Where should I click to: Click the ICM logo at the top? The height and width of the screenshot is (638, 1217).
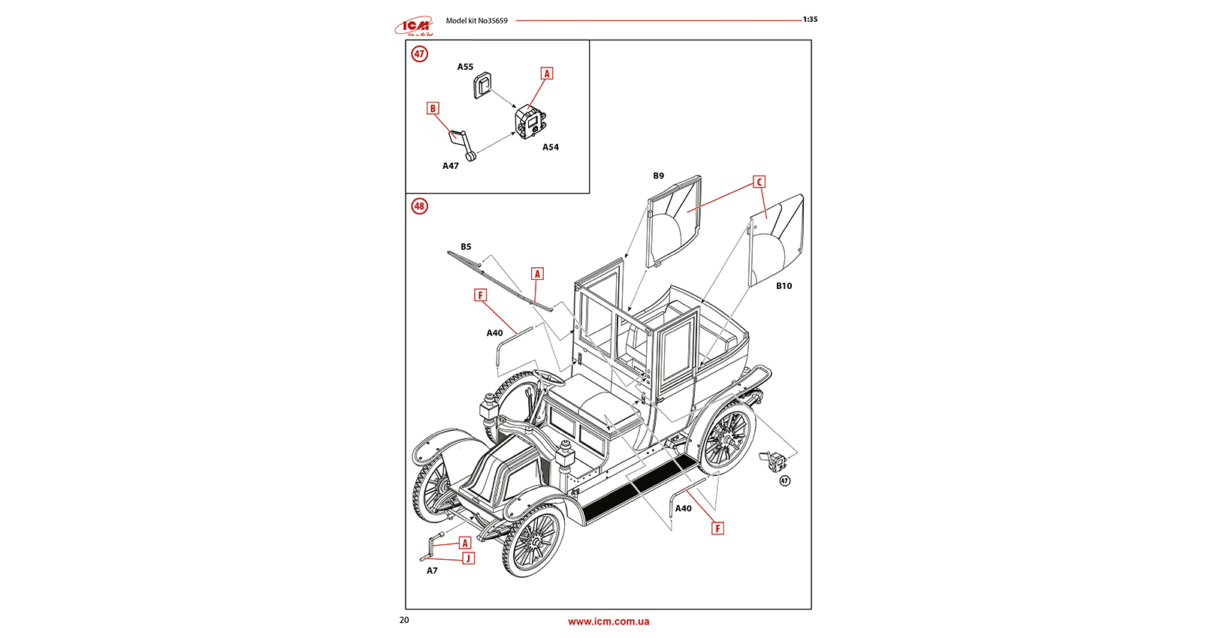click(x=414, y=27)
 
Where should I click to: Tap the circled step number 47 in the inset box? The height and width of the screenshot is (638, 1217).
click(x=419, y=54)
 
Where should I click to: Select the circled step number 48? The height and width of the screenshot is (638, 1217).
click(x=419, y=206)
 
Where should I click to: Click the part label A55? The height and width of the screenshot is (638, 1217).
click(x=465, y=67)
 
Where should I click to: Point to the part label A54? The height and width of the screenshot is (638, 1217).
click(x=551, y=147)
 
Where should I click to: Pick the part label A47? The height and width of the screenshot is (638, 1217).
click(x=450, y=166)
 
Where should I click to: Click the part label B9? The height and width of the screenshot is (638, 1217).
click(x=658, y=176)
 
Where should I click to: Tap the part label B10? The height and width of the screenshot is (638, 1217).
click(x=784, y=286)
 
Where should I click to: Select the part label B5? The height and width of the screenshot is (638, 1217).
click(x=466, y=247)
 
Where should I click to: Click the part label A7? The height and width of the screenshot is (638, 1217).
click(x=432, y=571)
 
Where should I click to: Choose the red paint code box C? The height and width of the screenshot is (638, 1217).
click(x=759, y=182)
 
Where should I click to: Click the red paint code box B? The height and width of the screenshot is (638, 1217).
click(x=433, y=109)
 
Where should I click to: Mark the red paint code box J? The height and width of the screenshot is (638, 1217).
click(x=468, y=558)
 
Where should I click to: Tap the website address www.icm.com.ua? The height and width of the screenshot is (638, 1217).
click(x=608, y=621)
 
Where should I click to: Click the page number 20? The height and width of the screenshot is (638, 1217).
click(x=404, y=620)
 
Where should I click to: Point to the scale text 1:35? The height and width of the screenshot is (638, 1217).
click(x=810, y=20)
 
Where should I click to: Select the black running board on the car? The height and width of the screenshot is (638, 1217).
click(x=639, y=489)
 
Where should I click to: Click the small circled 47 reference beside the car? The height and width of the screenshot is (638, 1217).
click(x=784, y=481)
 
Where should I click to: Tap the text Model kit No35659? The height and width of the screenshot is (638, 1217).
click(x=476, y=21)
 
